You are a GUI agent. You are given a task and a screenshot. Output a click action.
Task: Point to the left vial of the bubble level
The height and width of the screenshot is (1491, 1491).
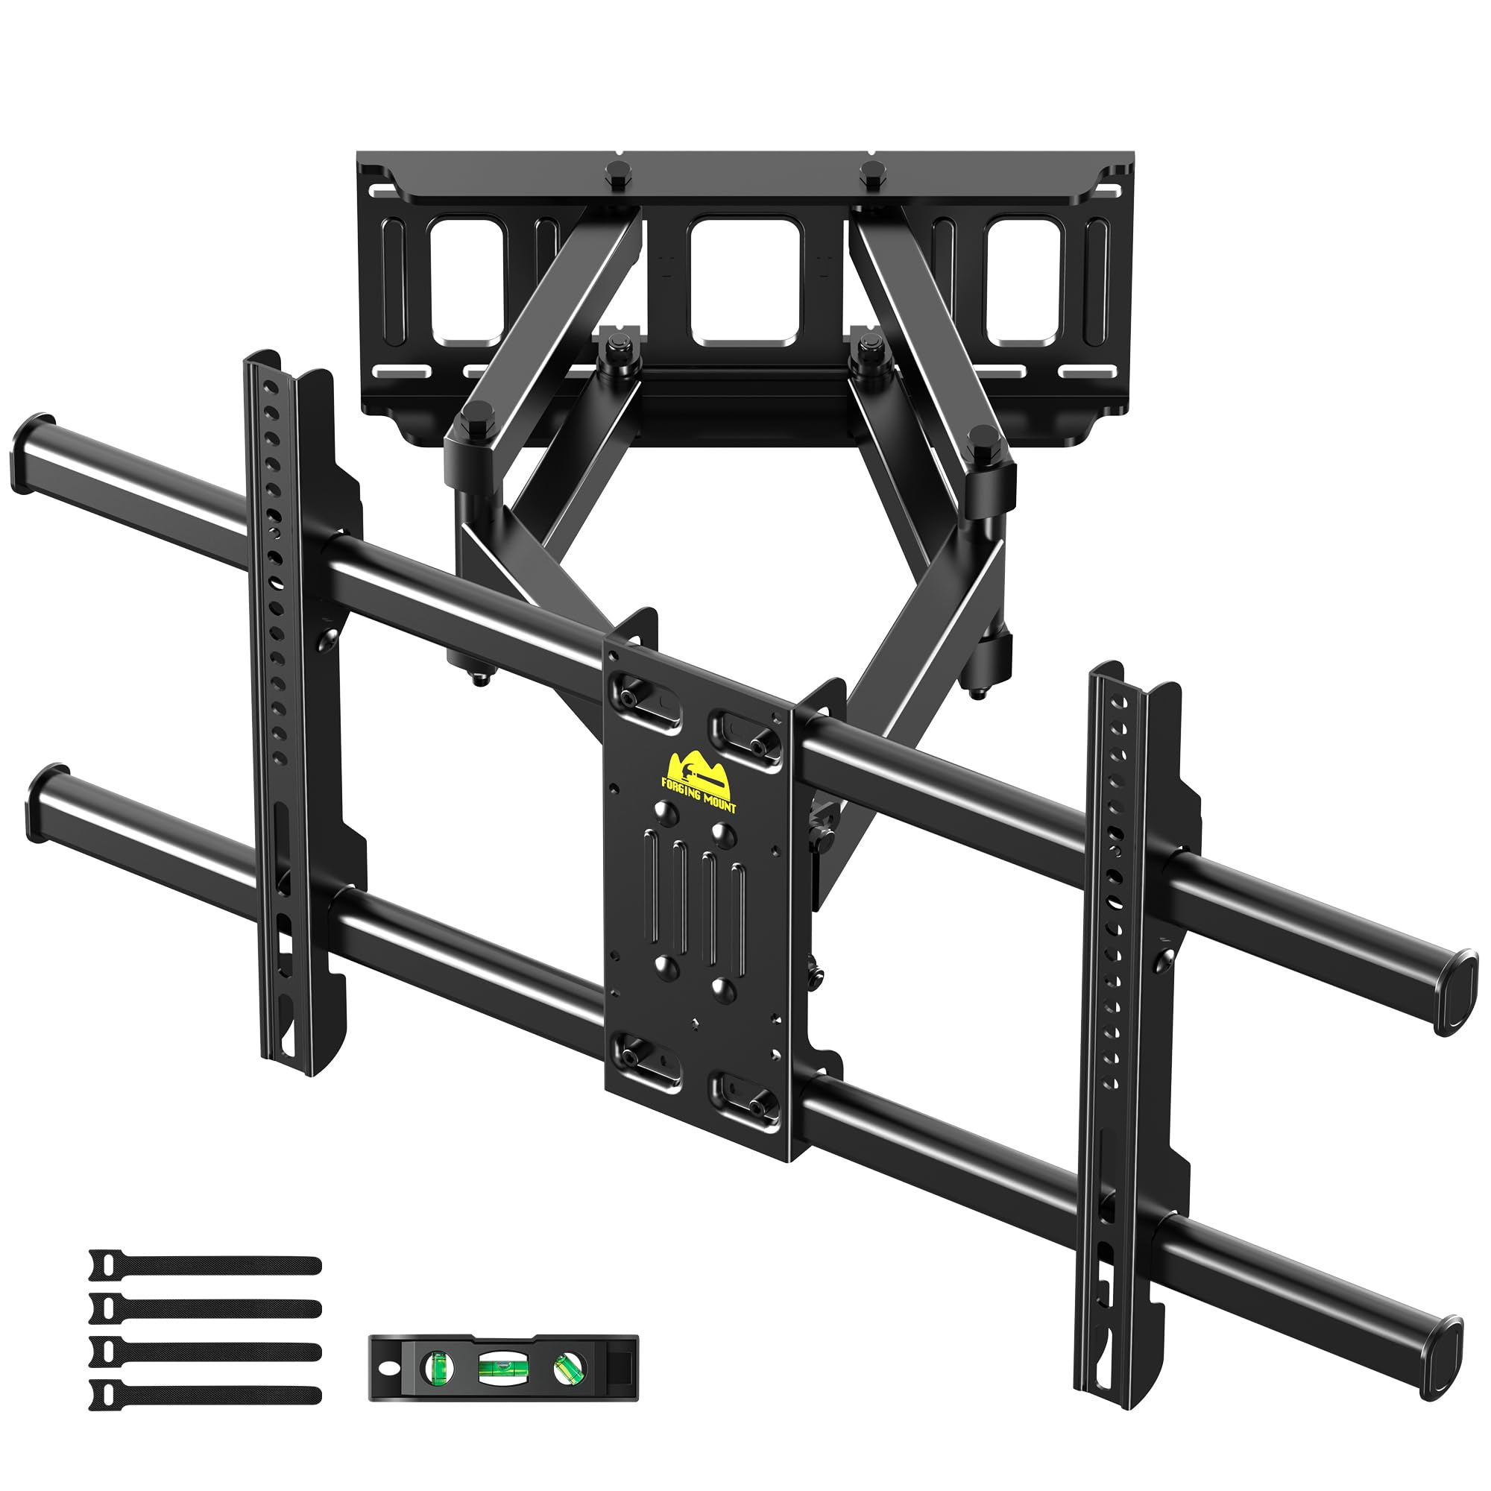coord(437,1367)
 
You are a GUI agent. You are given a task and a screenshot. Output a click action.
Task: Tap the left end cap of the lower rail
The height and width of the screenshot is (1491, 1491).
coord(46,804)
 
